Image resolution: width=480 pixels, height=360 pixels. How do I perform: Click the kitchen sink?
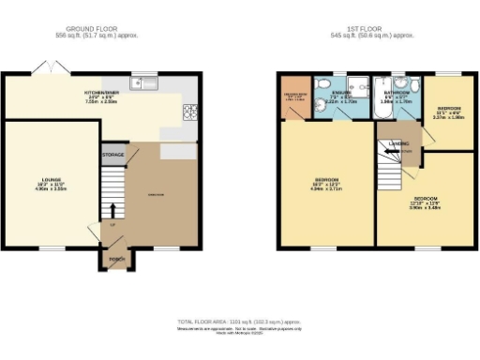(144, 82)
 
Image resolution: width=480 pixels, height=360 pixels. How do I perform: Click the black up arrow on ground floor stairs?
(114, 209)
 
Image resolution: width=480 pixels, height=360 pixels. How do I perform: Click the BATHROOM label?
(394, 93)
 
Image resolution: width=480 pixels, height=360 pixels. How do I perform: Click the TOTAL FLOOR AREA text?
(240, 322)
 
